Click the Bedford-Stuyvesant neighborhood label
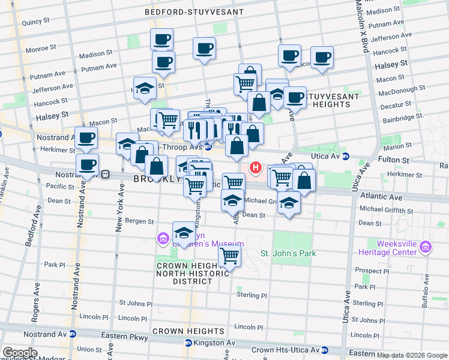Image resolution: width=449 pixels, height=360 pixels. (x=194, y=11)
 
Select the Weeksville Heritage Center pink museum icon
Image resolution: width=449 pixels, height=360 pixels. (x=426, y=247)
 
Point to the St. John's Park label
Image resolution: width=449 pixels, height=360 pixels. (x=288, y=253)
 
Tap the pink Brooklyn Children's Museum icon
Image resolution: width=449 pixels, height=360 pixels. (x=163, y=239)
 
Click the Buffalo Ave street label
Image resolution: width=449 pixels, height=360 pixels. (x=426, y=291)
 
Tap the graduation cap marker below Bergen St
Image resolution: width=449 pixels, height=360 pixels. (x=184, y=233)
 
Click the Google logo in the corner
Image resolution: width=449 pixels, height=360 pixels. (x=19, y=353)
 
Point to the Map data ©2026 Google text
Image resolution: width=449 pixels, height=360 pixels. (x=412, y=355)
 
